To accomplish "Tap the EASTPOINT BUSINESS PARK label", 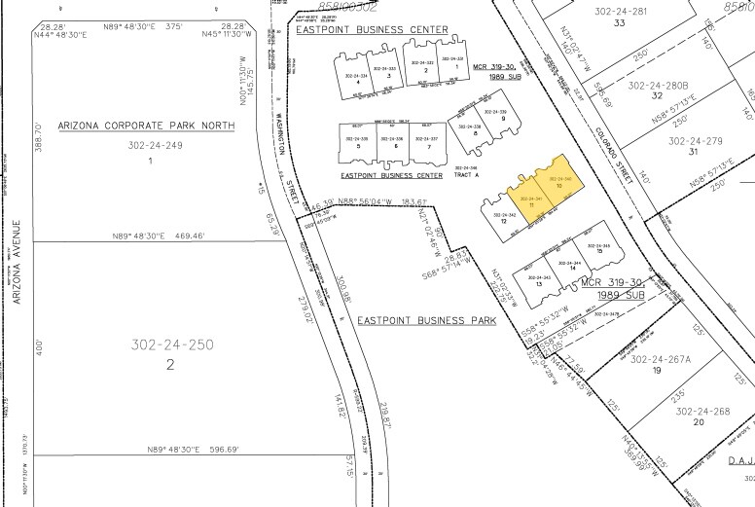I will click(x=426, y=320).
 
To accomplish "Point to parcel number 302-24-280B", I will click(x=658, y=86).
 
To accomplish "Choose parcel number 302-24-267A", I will click(x=659, y=359).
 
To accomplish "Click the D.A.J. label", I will click(x=738, y=461).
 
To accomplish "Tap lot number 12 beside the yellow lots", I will click(x=504, y=220).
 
